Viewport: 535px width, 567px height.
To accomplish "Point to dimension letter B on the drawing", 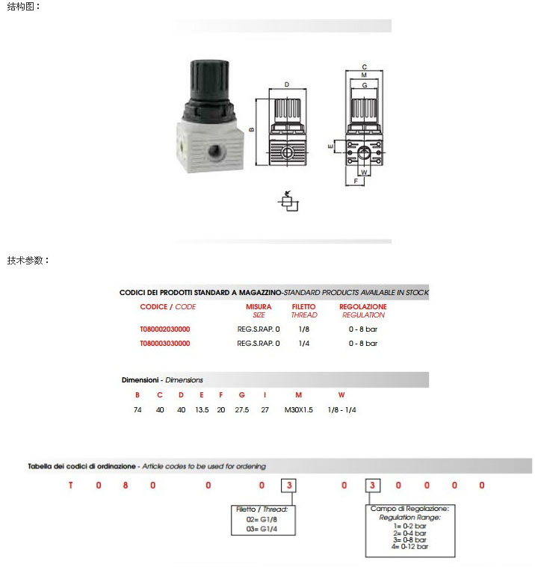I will tap(252, 128).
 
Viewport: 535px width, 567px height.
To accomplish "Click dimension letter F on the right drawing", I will tap(356, 180).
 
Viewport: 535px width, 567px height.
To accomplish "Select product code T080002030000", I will tap(164, 329).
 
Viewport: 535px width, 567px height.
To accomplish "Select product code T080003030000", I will tap(164, 344).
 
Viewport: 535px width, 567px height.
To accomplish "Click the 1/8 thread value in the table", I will tap(304, 329).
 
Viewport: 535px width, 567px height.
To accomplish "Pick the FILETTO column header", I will tap(303, 307).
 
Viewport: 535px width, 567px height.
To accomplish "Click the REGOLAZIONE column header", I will tap(363, 307).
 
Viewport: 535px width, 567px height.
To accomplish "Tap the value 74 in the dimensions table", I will tap(137, 409).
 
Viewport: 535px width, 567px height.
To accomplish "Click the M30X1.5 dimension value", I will tap(299, 409).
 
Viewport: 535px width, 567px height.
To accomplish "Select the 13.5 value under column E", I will tap(202, 409).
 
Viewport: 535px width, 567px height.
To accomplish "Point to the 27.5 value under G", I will tap(242, 409).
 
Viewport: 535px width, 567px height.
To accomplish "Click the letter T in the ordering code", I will tap(71, 485).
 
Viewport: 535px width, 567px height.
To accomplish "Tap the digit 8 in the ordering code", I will tap(126, 485).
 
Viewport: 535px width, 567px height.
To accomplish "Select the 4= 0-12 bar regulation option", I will tap(409, 547).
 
